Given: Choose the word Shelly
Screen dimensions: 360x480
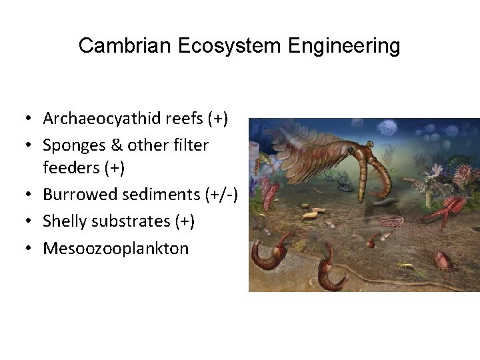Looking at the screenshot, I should click(64, 221).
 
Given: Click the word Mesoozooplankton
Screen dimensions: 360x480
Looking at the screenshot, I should click(116, 249).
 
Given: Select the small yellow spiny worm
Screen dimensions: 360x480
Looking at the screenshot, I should click(404, 267).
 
